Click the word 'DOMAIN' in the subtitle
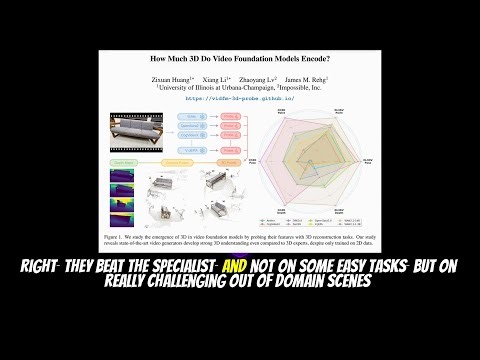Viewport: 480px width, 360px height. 311,282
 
